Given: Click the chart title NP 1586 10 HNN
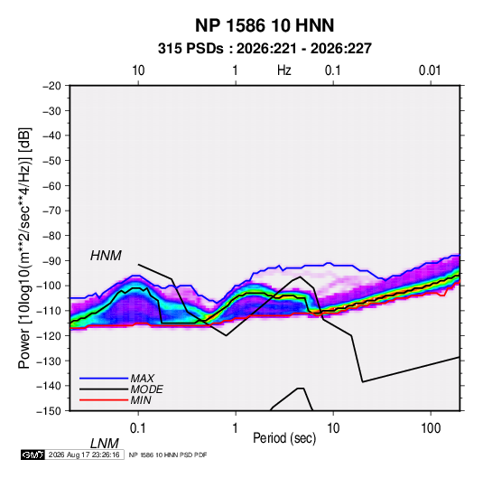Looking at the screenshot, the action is pyautogui.click(x=265, y=25).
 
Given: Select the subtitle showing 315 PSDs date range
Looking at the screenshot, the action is pyautogui.click(x=265, y=49).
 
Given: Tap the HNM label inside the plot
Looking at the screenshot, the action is pyautogui.click(x=106, y=256).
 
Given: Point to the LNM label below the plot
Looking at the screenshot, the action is pyautogui.click(x=104, y=444).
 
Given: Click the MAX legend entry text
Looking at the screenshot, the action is pyautogui.click(x=142, y=378).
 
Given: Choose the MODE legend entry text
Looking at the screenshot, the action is pyautogui.click(x=146, y=389).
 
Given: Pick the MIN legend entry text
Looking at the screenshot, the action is pyautogui.click(x=141, y=400).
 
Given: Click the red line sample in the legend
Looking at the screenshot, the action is pyautogui.click(x=104, y=400).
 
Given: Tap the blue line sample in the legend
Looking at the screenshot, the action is pyautogui.click(x=104, y=378).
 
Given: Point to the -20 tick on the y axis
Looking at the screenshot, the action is pyautogui.click(x=51, y=86).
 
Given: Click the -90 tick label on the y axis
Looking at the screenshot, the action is pyautogui.click(x=51, y=261).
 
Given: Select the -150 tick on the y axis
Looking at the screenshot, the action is pyautogui.click(x=49, y=411).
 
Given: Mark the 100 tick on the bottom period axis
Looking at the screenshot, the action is pyautogui.click(x=431, y=428).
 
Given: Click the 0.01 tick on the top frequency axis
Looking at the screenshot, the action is pyautogui.click(x=430, y=70).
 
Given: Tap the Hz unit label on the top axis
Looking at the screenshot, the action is pyautogui.click(x=284, y=70).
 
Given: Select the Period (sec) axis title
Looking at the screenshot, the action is pyautogui.click(x=284, y=437).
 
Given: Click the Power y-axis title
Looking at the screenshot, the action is pyautogui.click(x=24, y=248).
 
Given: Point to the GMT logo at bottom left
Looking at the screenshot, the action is pyautogui.click(x=33, y=455).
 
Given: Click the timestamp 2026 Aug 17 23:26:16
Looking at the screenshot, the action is pyautogui.click(x=84, y=455).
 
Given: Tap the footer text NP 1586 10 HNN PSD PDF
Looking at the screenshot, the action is pyautogui.click(x=168, y=455).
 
